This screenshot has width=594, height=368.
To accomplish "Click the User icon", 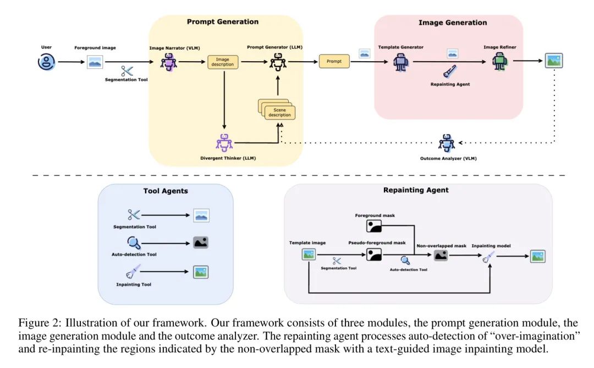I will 46,62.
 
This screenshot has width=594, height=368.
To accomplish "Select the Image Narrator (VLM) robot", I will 168,62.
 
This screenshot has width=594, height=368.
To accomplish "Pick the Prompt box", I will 334,62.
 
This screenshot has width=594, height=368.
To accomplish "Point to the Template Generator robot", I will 400,62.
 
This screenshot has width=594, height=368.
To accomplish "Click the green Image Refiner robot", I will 499,62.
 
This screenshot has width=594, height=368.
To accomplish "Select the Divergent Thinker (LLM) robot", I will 224,143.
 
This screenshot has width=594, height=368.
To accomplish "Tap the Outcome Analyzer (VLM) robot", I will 447,143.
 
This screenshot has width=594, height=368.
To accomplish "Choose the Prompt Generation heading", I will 222,22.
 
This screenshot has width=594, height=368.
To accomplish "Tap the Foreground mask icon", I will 375,225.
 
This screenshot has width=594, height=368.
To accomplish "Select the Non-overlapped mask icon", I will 441,255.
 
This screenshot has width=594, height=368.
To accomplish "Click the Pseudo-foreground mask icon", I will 375,255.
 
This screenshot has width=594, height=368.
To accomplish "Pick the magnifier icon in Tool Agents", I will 134,242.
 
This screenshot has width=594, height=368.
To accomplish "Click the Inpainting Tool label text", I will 134,284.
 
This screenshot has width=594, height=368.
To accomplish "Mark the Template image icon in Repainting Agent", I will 308,254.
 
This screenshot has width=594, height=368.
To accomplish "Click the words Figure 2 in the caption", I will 37,322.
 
